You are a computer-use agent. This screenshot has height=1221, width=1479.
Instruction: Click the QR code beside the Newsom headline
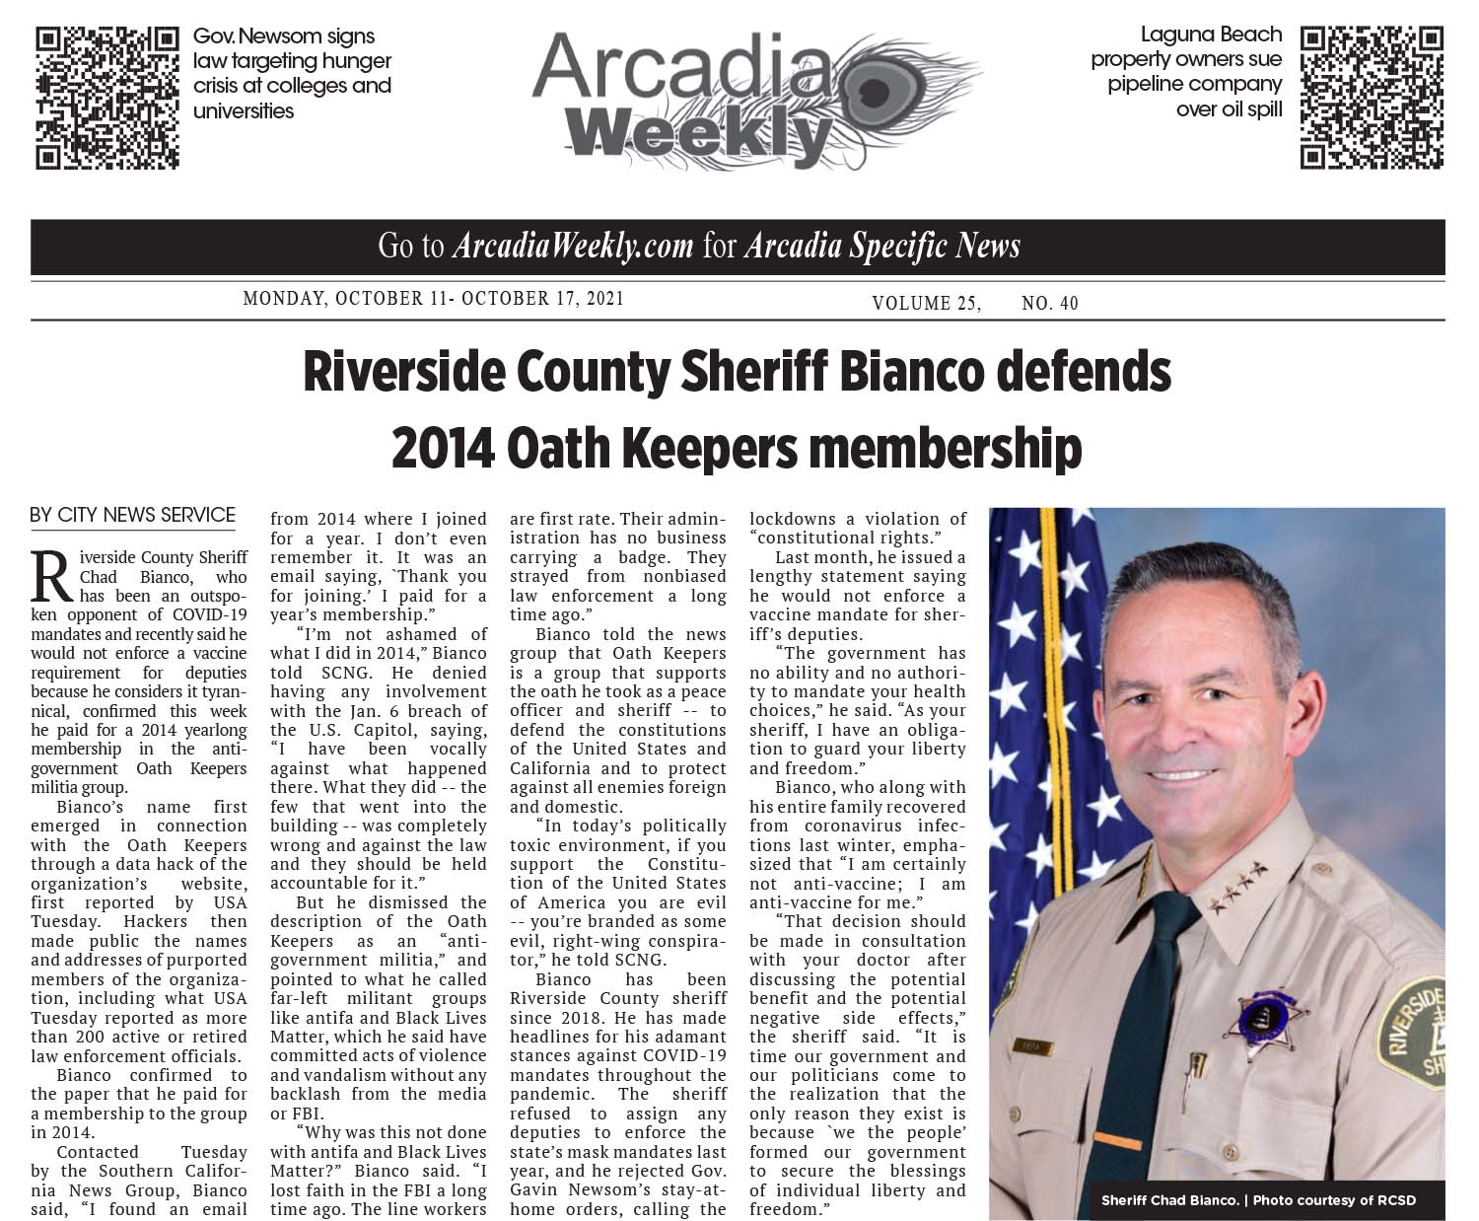(107, 99)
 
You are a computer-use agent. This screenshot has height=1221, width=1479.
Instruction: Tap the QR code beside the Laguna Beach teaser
(1372, 99)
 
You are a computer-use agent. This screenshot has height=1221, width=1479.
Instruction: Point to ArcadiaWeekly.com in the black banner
(572, 247)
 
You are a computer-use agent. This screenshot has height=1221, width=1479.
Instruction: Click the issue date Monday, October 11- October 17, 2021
(433, 299)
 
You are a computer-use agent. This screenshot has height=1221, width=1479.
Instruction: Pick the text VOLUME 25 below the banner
(925, 304)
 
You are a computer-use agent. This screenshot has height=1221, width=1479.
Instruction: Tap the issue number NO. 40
(1050, 304)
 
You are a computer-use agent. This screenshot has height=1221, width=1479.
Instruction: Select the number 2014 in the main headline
(442, 449)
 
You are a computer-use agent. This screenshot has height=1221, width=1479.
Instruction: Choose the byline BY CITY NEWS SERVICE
(133, 515)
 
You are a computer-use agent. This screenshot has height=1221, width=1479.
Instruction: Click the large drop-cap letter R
(52, 577)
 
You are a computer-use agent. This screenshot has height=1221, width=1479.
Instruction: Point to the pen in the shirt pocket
(1198, 1070)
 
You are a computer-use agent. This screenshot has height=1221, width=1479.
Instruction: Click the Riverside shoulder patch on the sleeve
(1413, 1036)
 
